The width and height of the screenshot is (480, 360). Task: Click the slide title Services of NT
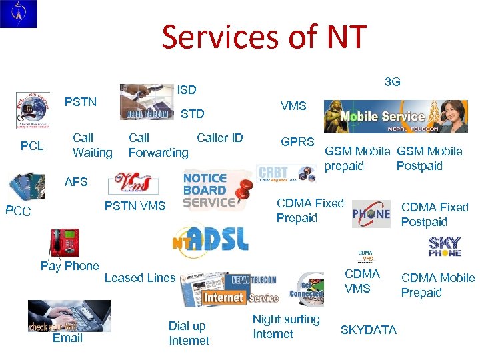pyautogui.click(x=263, y=37)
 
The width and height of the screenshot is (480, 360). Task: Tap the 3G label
pyautogui.click(x=393, y=82)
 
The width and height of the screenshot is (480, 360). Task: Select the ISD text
pyautogui.click(x=187, y=89)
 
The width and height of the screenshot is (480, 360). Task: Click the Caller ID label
pyautogui.click(x=220, y=138)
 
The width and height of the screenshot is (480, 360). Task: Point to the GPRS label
pyautogui.click(x=297, y=142)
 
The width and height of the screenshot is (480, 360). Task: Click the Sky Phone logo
pyautogui.click(x=445, y=247)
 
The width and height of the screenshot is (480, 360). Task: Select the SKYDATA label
pyautogui.click(x=369, y=330)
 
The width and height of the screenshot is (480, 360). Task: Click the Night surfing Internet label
pyautogui.click(x=286, y=327)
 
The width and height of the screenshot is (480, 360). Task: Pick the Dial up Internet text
pyautogui.click(x=189, y=333)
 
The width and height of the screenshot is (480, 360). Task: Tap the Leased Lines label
pyautogui.click(x=140, y=278)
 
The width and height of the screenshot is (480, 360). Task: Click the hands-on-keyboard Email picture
pyautogui.click(x=69, y=315)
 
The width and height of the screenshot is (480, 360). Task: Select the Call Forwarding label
pyautogui.click(x=158, y=145)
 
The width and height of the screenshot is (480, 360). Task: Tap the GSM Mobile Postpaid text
pyautogui.click(x=429, y=159)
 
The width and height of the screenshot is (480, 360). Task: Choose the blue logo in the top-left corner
pyautogui.click(x=19, y=14)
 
